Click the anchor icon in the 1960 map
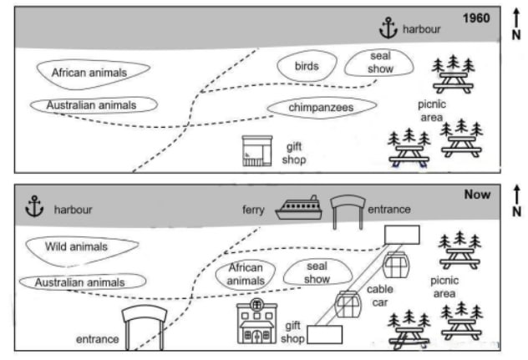point(388,28)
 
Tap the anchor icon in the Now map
point(34,206)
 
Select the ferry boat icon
point(299,208)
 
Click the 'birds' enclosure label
point(307,66)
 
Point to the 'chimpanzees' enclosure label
point(321,108)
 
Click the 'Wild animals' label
point(76,246)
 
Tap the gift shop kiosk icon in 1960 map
point(257,151)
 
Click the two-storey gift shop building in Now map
point(257,321)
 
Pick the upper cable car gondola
point(396,265)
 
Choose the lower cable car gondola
point(348,304)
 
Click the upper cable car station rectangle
point(402,235)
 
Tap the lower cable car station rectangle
point(325,334)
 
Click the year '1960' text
point(476,18)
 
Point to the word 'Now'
point(477,195)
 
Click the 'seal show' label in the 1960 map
point(380,63)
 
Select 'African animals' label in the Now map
point(246,274)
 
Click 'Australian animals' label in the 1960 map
point(91,105)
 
